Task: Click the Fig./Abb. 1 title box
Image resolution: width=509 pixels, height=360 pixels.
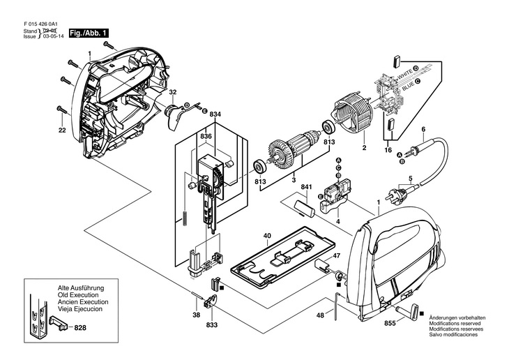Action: [87, 33]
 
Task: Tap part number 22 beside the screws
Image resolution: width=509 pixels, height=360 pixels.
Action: [62, 131]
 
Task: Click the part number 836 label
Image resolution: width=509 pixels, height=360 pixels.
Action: [206, 136]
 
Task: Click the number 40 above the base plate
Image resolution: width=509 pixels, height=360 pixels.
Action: [266, 235]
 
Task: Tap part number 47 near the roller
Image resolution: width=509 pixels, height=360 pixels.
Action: [336, 257]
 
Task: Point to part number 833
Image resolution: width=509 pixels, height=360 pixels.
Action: [212, 325]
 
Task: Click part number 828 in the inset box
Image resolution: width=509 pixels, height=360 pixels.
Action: [81, 327]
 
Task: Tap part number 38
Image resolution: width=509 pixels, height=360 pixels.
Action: [196, 315]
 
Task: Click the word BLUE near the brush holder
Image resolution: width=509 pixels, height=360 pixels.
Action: [409, 86]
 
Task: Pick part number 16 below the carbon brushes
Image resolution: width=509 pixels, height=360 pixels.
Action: [388, 150]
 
